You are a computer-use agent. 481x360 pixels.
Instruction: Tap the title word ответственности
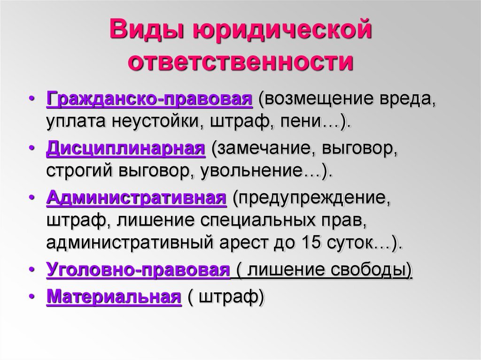tap(240, 61)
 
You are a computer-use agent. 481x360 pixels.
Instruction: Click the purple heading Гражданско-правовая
tap(149, 100)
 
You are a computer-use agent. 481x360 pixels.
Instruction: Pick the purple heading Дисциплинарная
tap(126, 149)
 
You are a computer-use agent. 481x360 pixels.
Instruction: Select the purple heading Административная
tap(137, 198)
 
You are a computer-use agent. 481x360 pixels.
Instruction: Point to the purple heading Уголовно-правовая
tap(138, 270)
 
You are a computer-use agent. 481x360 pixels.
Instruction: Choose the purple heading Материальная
tap(114, 297)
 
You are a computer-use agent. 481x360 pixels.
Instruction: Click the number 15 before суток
tap(311, 242)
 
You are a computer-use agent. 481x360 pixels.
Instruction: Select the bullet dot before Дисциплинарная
tap(31, 148)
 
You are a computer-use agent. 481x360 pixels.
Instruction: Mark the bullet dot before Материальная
tap(31, 296)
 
